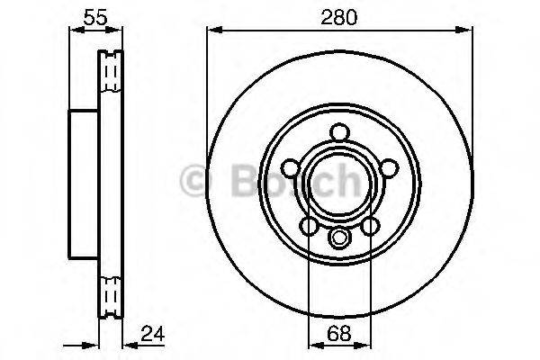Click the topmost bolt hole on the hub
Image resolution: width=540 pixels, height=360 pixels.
339,132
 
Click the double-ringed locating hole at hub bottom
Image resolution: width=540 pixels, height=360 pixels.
339,238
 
